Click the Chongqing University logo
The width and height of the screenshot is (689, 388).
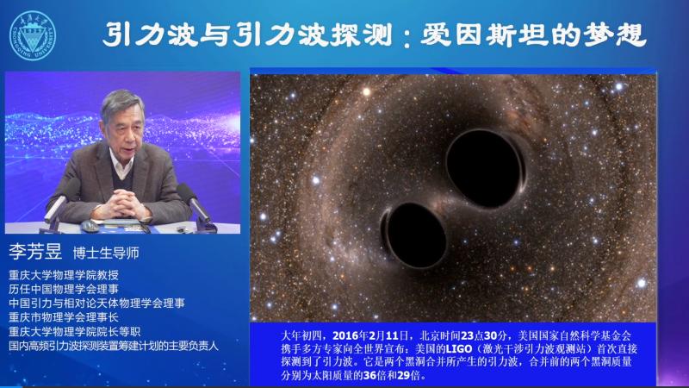[33, 35]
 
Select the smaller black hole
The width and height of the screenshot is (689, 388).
[415, 235]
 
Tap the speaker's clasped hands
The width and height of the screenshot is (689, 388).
[121, 204]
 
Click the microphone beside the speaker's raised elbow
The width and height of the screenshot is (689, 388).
[195, 203]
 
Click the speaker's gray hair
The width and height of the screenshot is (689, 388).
[121, 103]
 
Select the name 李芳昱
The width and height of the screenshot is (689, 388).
[35, 252]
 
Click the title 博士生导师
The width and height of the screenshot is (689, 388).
[106, 253]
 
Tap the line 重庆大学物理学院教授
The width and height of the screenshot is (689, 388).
[64, 275]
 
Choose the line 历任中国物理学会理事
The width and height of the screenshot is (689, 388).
[64, 289]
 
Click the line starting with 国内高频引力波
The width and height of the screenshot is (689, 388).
[114, 346]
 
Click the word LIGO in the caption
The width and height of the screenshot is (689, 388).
[459, 349]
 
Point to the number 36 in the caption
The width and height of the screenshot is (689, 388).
[369, 375]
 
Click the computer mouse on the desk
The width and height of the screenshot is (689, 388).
[90, 226]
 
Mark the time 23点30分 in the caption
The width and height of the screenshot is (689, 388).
[484, 335]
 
